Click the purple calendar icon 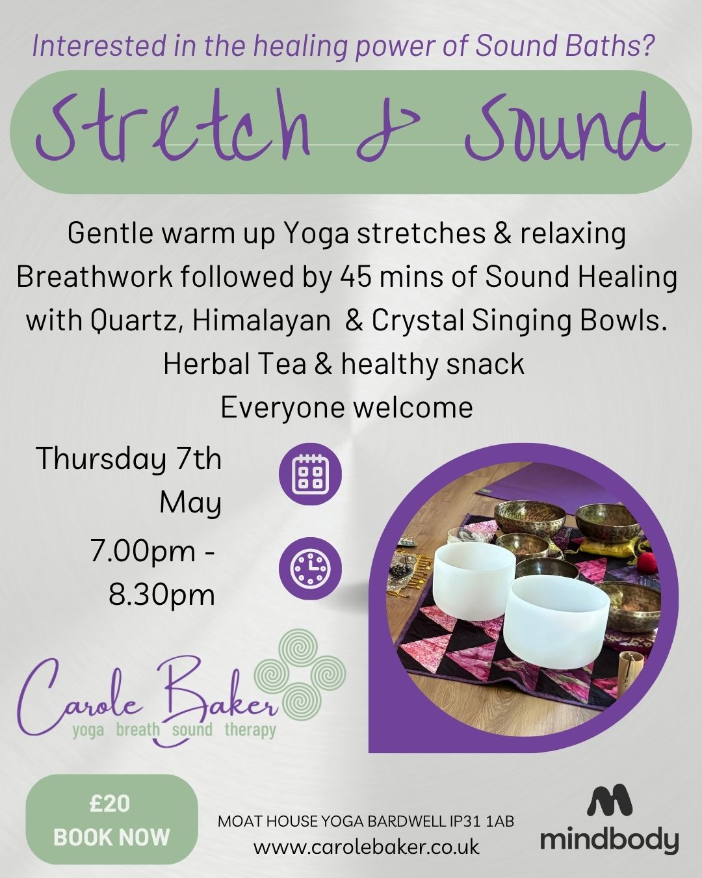point(310,474)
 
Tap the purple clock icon point(310,568)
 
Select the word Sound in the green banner point(565,126)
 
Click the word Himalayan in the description point(261,321)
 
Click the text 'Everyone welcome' point(346,408)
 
